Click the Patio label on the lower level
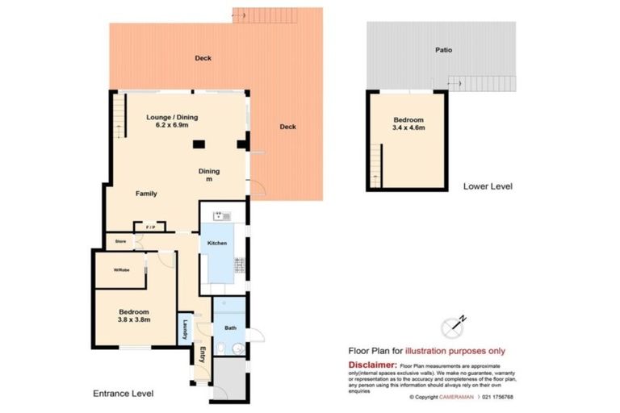pyautogui.click(x=444, y=50)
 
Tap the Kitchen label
pyautogui.click(x=217, y=244)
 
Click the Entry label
pyautogui.click(x=203, y=354)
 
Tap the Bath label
pyautogui.click(x=230, y=328)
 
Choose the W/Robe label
pyautogui.click(x=122, y=269)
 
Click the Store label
pyautogui.click(x=120, y=240)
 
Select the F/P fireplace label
pyautogui.click(x=149, y=228)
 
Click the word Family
pyautogui.click(x=146, y=194)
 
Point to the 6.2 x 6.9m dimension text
pyautogui.click(x=172, y=126)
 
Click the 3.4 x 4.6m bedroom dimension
pyautogui.click(x=408, y=127)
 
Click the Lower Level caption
pyautogui.click(x=488, y=186)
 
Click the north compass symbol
pyautogui.click(x=455, y=326)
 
